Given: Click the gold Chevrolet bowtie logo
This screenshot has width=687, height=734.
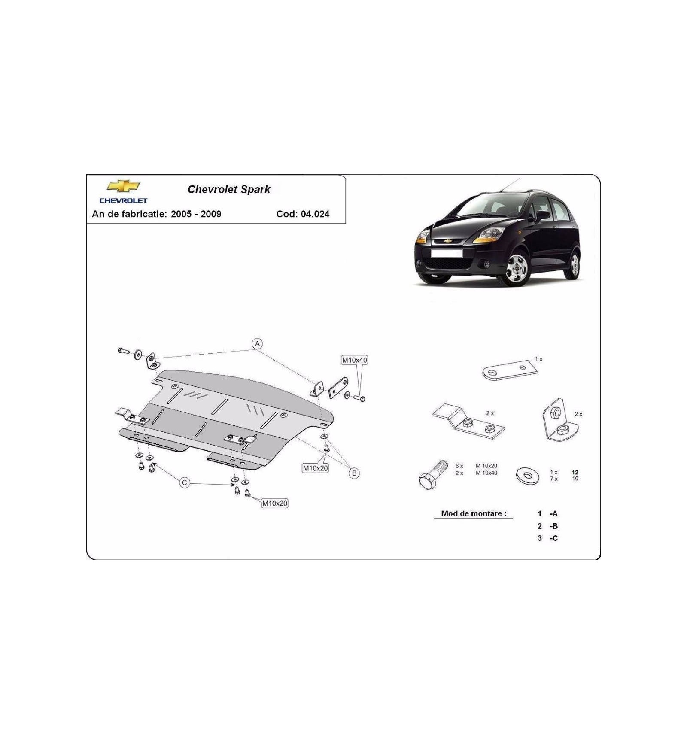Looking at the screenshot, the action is (123, 186).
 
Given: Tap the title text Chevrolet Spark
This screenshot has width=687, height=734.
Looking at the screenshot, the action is (229, 189).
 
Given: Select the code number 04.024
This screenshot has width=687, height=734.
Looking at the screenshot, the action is (315, 214).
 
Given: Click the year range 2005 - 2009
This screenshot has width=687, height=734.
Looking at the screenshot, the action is (196, 214).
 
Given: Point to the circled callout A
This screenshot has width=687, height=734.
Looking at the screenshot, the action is (257, 344).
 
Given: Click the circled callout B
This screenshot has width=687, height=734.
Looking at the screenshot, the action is (354, 473).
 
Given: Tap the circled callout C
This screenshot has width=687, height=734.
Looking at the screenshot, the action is (185, 483).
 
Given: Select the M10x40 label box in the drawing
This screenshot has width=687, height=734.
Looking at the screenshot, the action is (355, 360).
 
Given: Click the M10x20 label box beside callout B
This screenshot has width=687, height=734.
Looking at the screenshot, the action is (316, 468).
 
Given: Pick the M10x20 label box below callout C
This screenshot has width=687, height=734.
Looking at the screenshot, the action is (275, 503).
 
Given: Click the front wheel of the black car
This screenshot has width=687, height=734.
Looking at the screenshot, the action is (516, 267).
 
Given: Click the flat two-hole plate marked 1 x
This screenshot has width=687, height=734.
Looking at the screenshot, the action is (510, 370).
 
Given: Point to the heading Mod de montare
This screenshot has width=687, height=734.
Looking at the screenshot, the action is (474, 513).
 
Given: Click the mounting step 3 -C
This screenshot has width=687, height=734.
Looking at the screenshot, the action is (547, 538).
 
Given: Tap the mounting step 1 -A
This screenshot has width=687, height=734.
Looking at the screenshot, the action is (547, 513).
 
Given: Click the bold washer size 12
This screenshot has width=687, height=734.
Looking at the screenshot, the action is (575, 472).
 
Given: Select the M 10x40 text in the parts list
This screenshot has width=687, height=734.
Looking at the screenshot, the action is (486, 473).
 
